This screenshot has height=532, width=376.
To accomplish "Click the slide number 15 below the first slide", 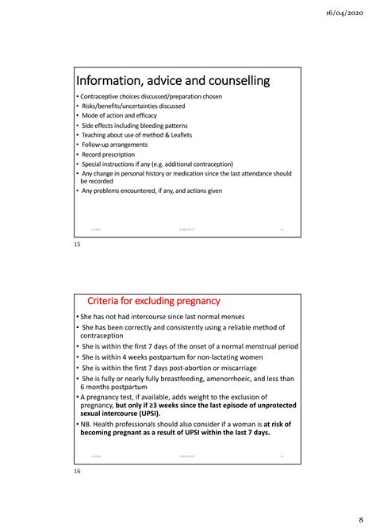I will click(x=77, y=245).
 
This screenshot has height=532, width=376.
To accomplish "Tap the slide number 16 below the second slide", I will click(x=77, y=472).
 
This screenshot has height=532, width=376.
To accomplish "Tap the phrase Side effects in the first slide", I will click(x=98, y=125).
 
